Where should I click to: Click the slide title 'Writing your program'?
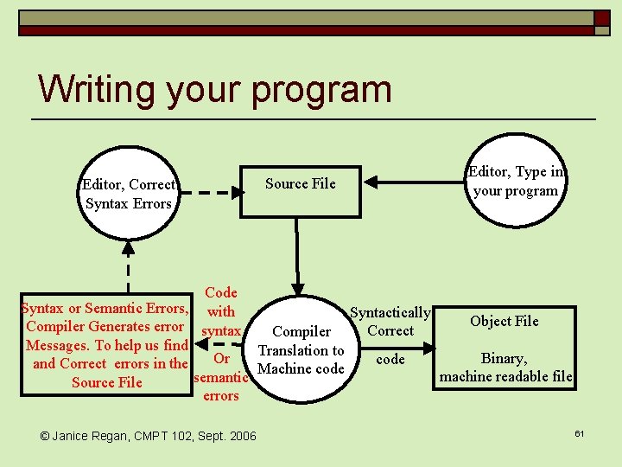214,89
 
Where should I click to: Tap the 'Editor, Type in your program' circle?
515,182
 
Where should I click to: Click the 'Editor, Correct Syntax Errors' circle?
129,194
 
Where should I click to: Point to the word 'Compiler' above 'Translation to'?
301,331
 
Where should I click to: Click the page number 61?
579,432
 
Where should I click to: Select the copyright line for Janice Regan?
149,436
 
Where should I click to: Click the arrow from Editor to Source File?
415,182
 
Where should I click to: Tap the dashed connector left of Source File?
210,193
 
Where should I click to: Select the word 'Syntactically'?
390,312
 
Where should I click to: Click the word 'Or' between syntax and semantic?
221,359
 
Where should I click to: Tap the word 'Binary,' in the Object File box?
505,358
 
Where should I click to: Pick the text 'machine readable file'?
505,376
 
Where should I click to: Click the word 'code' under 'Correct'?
390,359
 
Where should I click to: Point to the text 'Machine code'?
301,368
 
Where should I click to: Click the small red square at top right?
601,17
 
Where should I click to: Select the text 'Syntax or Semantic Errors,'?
105,308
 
